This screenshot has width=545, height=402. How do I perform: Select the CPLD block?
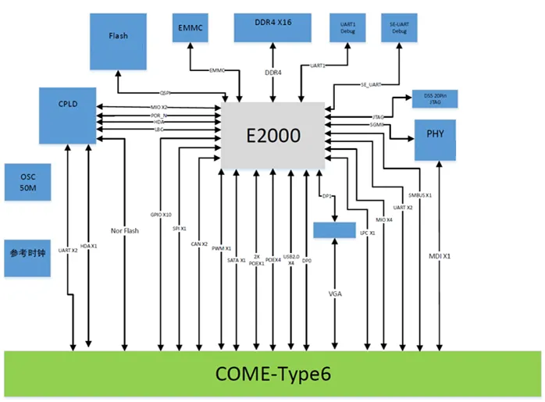click(68, 116)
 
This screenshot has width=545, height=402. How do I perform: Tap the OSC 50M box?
click(27, 182)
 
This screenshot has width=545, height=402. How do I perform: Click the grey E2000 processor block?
click(273, 134)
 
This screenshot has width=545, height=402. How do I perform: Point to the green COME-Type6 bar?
click(272, 375)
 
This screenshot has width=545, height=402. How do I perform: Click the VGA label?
click(335, 295)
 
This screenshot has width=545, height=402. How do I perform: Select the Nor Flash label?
click(125, 230)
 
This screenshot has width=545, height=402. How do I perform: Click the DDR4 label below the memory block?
click(272, 73)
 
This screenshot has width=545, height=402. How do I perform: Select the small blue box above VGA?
click(334, 229)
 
